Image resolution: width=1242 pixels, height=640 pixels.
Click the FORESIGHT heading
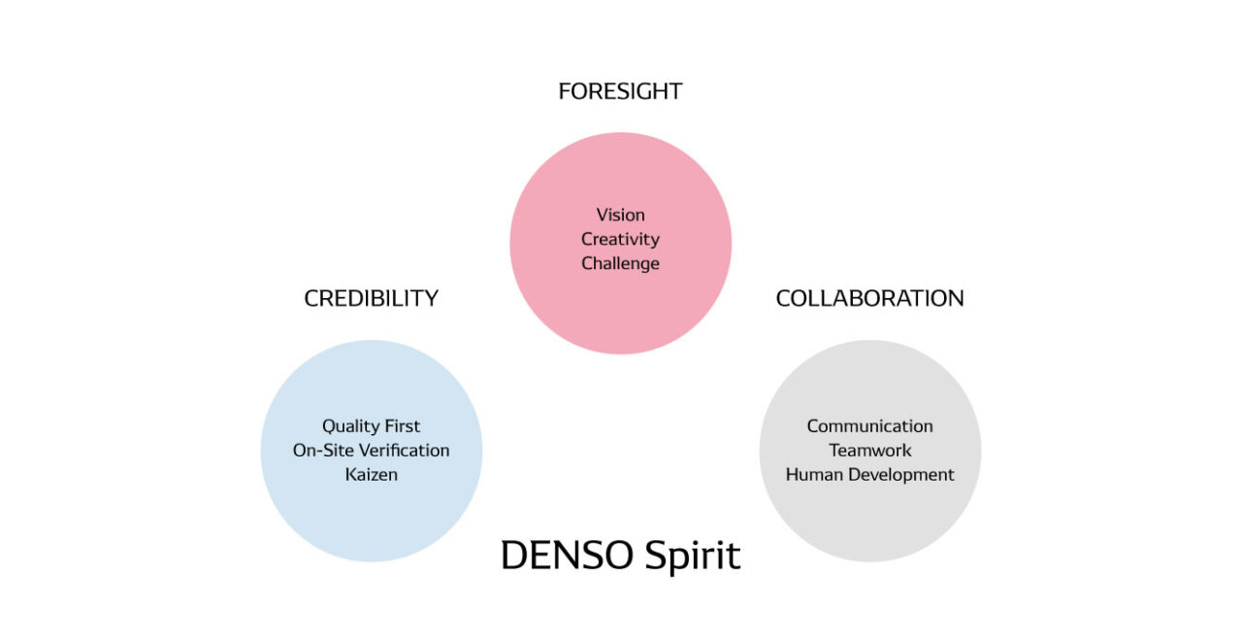pyautogui.click(x=620, y=91)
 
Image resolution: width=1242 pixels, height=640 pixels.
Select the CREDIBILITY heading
pyautogui.click(x=371, y=298)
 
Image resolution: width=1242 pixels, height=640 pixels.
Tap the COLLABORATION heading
pyautogui.click(x=869, y=298)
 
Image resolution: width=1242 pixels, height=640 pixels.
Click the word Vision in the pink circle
pyautogui.click(x=620, y=215)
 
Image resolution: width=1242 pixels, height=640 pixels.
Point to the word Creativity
pyautogui.click(x=620, y=239)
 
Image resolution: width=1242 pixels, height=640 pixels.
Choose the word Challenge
pyautogui.click(x=620, y=263)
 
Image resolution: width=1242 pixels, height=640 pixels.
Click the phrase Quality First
pyautogui.click(x=371, y=426)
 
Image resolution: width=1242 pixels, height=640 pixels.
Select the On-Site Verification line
pyautogui.click(x=371, y=451)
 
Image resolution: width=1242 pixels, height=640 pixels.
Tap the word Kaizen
pyautogui.click(x=371, y=475)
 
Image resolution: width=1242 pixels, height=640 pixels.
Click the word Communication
pyautogui.click(x=869, y=426)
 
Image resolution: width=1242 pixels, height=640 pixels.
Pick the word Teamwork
pyautogui.click(x=869, y=451)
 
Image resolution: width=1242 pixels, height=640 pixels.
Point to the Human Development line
pyautogui.click(x=869, y=475)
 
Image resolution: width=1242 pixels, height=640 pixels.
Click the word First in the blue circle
pyautogui.click(x=403, y=426)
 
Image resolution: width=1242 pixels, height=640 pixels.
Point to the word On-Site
pyautogui.click(x=320, y=451)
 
